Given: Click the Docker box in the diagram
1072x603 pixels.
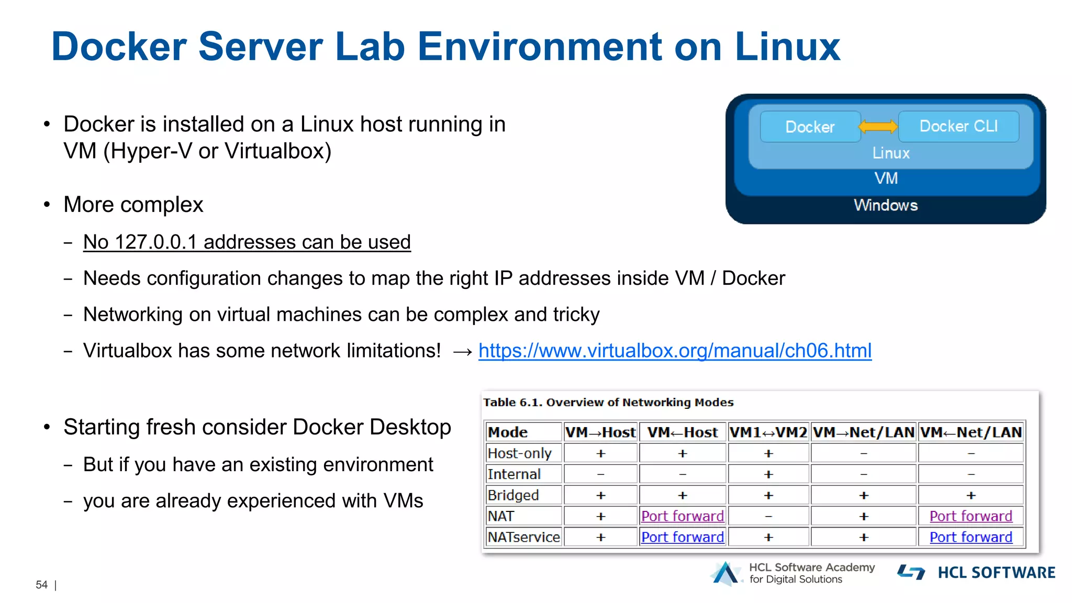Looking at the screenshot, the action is point(810,127).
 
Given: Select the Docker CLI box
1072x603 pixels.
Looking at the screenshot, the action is point(958,126).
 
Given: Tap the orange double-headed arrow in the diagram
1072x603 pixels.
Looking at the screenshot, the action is point(878,126).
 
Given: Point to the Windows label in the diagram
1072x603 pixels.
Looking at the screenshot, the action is point(886,205).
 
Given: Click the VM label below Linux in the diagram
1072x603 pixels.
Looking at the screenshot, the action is point(886,178).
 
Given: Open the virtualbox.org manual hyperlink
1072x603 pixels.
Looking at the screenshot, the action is point(675,351).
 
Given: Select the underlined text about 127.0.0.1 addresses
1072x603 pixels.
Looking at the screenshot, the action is point(247,242).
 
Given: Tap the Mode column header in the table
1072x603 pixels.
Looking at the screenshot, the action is point(508,432).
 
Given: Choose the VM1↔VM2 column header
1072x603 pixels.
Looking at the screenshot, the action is point(768,432).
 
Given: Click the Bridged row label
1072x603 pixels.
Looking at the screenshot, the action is point(513,495).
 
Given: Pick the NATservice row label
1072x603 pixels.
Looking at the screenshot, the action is point(523,537).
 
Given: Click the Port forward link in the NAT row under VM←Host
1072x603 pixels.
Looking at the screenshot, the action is point(683,516).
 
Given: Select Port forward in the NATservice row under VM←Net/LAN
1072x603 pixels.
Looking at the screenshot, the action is point(971,537).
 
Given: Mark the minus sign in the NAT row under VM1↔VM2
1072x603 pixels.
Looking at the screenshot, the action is point(768,516).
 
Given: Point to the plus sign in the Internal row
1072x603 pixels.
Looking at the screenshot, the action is point(768,474).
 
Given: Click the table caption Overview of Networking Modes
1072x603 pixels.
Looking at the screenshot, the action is point(608,403).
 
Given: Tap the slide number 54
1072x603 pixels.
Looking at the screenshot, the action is point(41,585).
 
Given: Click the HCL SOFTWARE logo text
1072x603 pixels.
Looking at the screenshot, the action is point(996,573).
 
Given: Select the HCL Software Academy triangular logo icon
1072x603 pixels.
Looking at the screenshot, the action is point(725,574).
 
